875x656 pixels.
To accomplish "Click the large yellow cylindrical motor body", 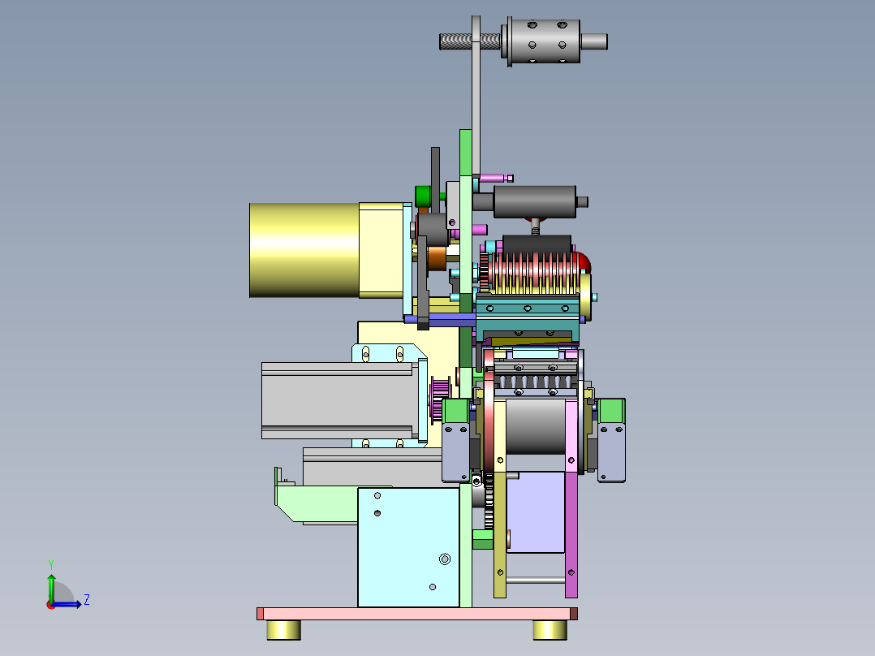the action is click(304, 249).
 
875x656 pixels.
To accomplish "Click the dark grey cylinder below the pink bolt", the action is click(535, 201).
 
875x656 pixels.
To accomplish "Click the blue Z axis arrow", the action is click(66, 604).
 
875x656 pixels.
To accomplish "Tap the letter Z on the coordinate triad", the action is click(87, 600).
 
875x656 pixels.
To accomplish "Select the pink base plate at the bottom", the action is click(417, 614).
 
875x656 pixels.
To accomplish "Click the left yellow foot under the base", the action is click(283, 630).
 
